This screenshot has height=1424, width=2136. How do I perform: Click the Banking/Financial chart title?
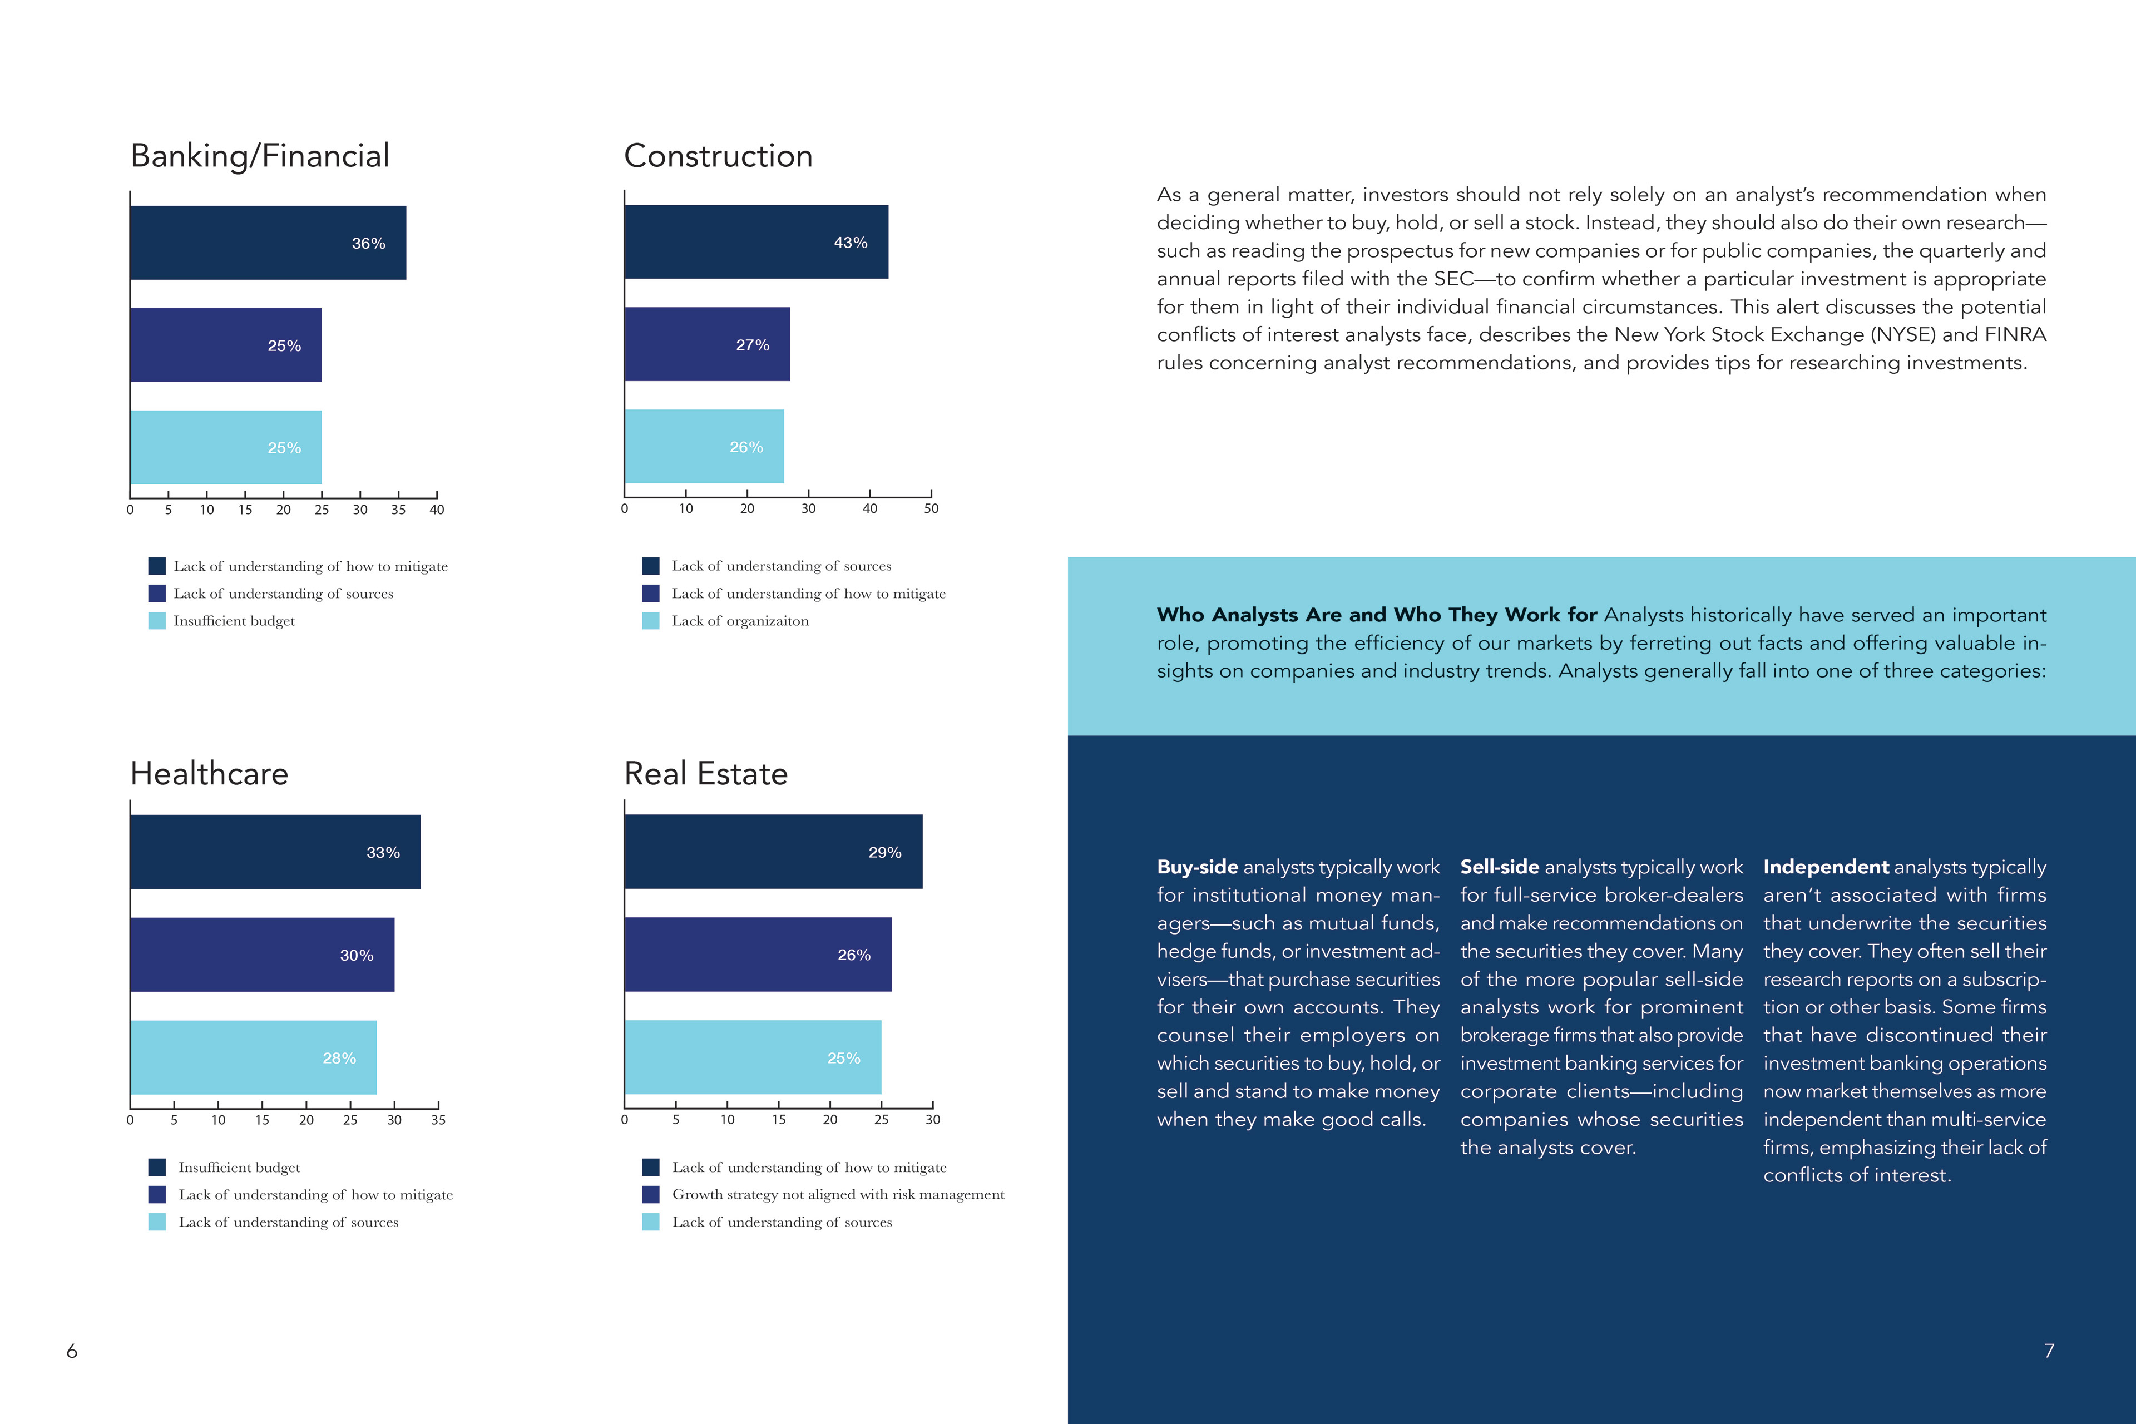260,156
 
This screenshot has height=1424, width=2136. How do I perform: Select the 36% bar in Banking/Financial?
268,243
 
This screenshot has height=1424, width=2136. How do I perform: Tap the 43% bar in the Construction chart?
755,241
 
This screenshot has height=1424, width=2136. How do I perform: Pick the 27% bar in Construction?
706,344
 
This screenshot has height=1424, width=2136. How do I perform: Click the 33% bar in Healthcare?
275,852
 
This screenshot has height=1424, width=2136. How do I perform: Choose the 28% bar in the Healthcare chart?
254,1057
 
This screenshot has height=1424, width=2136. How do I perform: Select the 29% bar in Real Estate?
773,851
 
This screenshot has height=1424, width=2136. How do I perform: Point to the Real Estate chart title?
706,774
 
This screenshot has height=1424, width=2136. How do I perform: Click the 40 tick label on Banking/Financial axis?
437,510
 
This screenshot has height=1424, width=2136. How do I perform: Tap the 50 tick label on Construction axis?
931,508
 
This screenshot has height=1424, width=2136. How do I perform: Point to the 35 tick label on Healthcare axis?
438,1120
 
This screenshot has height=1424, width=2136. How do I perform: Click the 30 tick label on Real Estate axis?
933,1120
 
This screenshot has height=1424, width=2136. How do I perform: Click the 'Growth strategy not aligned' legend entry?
837,1194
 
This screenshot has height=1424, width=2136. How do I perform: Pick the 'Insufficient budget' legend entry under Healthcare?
239,1167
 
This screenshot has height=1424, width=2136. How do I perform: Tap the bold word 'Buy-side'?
1197,867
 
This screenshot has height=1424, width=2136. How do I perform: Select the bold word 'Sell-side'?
1500,867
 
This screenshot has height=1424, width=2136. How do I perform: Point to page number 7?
2049,1351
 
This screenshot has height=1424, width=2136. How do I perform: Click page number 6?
72,1351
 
